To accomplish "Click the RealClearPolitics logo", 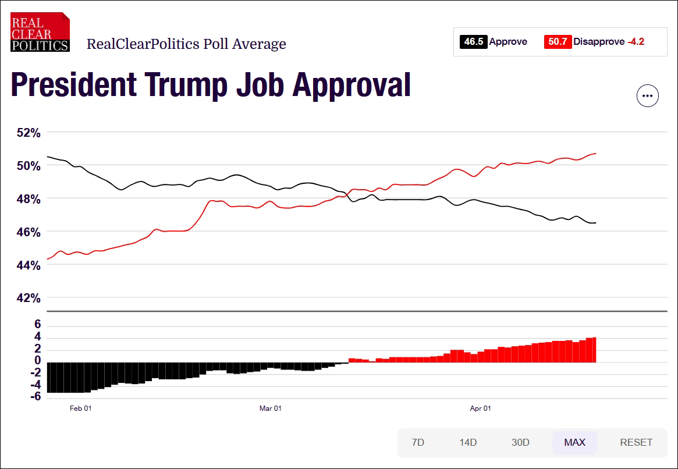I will pos(40,33).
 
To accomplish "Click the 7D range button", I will pos(418,442).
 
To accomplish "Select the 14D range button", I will pos(468,442).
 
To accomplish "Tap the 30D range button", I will pos(520,442).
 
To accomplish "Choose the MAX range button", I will pos(574,442).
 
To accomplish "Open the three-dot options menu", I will pos(648,96).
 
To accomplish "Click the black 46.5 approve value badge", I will pos(473,42).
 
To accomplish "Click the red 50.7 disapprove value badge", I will pos(558,42).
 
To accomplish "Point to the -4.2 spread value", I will pos(636,42).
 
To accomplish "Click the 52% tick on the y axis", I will pos(28,133).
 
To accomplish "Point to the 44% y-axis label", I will pos(28,265).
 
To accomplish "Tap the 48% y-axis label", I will pos(28,199).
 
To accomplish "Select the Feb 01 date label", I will pos(80,408).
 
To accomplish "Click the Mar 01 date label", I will pos(270,408).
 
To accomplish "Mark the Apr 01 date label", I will pos(480,408).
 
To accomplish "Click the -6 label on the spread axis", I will pos(36,397).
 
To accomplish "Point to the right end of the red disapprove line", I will pos(596,154).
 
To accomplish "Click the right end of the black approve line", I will pos(595,223).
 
